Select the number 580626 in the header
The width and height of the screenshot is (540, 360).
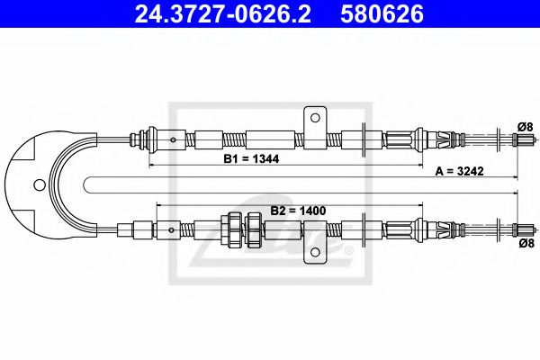381,14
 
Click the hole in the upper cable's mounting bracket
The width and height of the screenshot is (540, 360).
314,116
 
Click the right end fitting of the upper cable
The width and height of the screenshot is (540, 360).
521,139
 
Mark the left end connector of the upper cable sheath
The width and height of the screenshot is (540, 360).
139,139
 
